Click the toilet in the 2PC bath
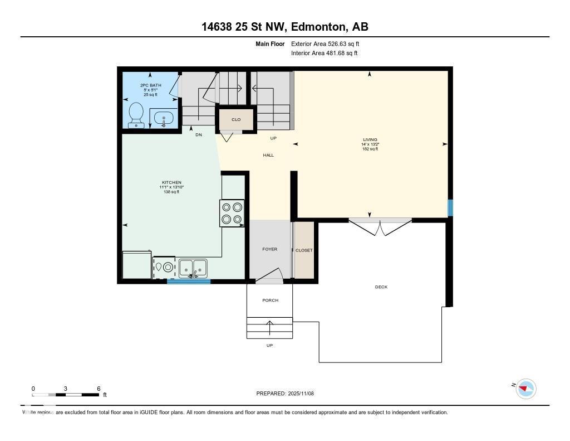(135, 115)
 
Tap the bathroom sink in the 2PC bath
(163, 119)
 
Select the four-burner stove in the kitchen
(232, 213)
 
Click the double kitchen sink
(193, 268)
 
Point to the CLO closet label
(236, 119)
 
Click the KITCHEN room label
(171, 183)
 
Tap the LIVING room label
(370, 140)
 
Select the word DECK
(381, 287)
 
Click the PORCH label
(270, 301)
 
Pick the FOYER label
(270, 249)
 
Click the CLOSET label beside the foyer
(304, 250)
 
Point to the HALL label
(268, 156)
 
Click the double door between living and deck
(380, 226)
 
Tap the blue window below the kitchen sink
(189, 282)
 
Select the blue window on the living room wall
(450, 207)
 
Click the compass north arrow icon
(525, 389)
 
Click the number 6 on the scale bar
(99, 389)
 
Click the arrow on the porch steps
(270, 327)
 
